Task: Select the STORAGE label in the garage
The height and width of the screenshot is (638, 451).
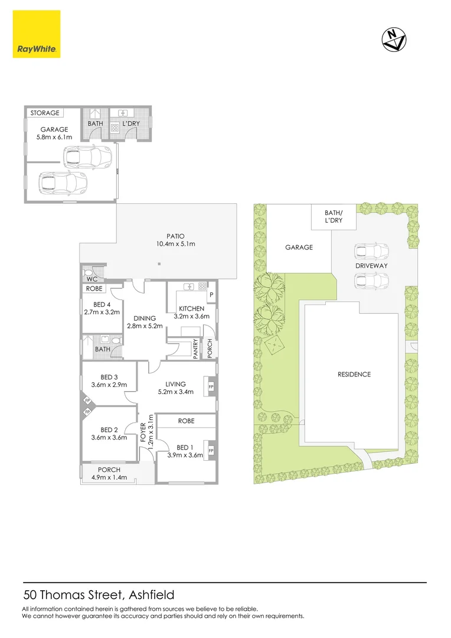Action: pos(45,113)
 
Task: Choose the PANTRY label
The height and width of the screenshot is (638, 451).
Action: pos(196,349)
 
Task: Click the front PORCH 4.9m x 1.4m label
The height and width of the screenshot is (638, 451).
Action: pos(109,474)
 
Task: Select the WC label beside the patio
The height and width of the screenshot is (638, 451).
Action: pos(91,278)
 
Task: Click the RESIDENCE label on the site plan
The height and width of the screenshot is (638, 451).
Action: pos(354,374)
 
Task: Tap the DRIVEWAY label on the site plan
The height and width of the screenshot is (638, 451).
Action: pos(371,266)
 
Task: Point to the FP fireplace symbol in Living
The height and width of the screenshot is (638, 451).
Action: pos(211,388)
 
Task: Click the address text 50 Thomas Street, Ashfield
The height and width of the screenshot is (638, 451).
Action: pos(99,595)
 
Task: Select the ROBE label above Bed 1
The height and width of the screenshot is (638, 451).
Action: pos(186,421)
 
